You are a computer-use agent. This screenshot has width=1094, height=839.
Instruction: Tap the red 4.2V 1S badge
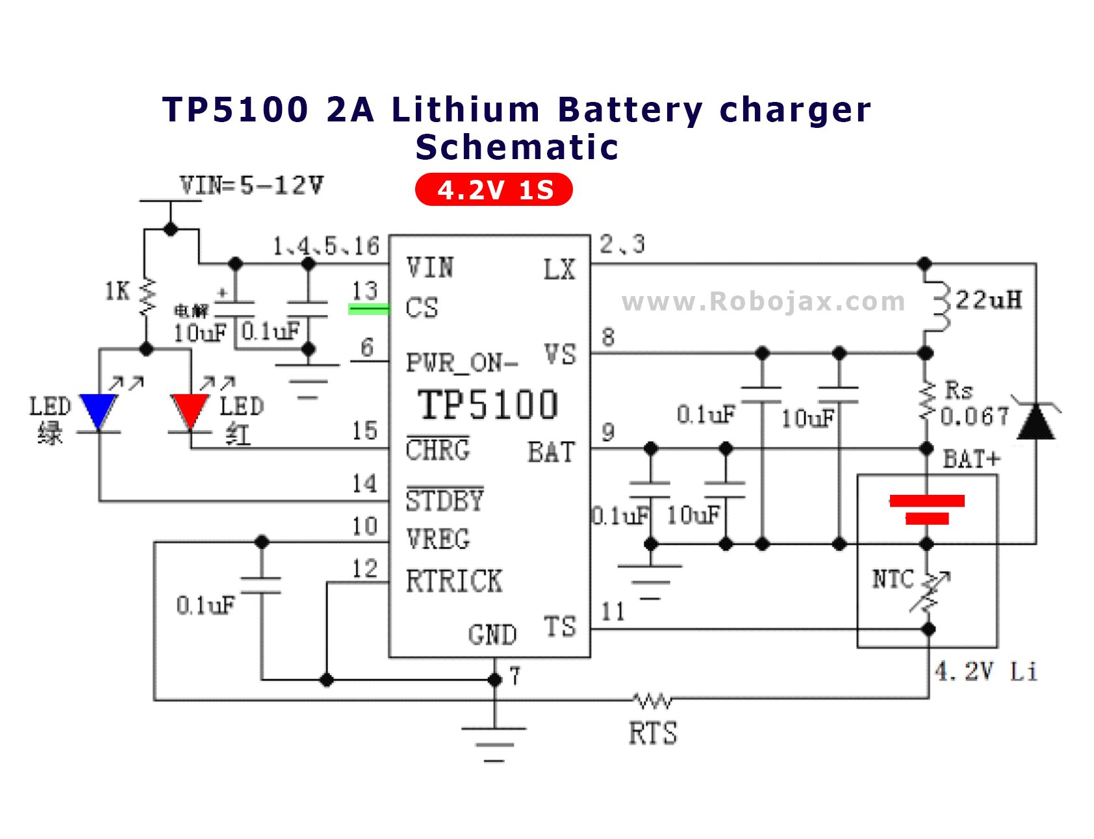click(494, 190)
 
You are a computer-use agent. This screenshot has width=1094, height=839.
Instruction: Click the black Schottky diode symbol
click(1036, 421)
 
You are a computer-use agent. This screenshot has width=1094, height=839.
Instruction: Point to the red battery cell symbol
click(927, 509)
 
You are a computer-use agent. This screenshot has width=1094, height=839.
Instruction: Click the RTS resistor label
click(652, 733)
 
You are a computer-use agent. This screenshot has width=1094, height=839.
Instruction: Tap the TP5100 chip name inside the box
click(488, 405)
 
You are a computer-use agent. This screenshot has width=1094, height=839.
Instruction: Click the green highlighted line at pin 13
click(369, 309)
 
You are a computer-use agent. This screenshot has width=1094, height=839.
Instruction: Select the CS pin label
click(422, 308)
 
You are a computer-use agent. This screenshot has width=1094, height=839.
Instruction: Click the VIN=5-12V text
click(251, 186)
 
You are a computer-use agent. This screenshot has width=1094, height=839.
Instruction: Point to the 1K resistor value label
click(118, 291)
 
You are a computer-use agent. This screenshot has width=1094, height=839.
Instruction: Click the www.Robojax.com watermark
click(763, 301)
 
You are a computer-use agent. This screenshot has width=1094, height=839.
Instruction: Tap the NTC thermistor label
click(893, 579)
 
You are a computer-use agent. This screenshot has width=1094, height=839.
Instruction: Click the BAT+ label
click(971, 459)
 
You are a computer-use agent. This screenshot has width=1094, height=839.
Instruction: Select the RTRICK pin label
click(453, 581)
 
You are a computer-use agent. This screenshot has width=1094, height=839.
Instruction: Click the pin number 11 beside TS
click(613, 611)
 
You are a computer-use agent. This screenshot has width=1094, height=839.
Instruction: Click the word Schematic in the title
click(516, 147)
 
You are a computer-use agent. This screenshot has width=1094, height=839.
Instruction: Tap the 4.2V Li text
click(985, 671)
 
